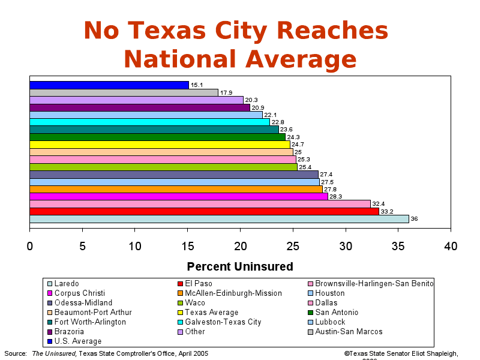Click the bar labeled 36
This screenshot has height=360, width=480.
click(x=219, y=219)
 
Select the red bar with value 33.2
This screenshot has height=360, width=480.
click(x=204, y=211)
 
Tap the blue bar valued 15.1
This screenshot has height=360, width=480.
click(x=109, y=85)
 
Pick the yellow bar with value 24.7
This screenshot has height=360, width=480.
click(x=160, y=145)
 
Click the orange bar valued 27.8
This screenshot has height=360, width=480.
click(x=176, y=189)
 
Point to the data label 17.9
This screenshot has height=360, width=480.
click(x=226, y=93)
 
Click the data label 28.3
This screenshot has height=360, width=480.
click(x=335, y=197)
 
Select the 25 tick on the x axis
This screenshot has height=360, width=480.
click(x=293, y=246)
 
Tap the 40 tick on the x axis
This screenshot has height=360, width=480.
click(x=451, y=246)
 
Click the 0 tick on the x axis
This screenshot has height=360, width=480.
click(x=30, y=246)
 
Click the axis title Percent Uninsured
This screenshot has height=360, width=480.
click(x=240, y=266)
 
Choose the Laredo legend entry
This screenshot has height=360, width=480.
click(x=66, y=283)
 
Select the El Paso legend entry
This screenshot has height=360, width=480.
click(x=199, y=283)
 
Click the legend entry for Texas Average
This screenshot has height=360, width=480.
click(x=211, y=312)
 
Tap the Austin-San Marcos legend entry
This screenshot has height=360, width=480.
click(x=348, y=331)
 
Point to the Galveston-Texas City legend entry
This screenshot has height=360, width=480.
click(x=223, y=322)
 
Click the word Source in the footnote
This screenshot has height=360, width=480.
click(x=15, y=353)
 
